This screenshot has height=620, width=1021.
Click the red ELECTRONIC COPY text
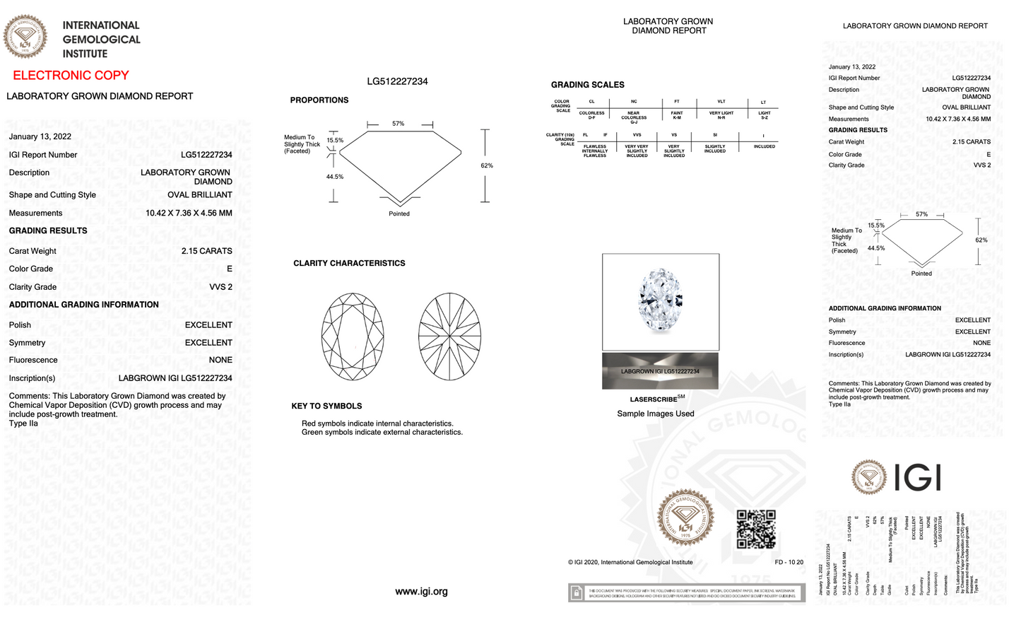[x=71, y=76]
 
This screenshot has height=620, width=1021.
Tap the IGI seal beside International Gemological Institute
[x=25, y=37]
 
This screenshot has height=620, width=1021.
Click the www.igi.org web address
[x=421, y=592]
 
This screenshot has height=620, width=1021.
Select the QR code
[x=756, y=529]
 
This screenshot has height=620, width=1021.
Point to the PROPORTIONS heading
[x=319, y=100]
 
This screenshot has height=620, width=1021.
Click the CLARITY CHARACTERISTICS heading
[x=349, y=263]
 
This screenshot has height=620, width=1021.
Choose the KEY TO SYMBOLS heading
[x=326, y=406]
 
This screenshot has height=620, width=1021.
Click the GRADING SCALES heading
[x=587, y=85]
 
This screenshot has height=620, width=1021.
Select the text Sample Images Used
[x=655, y=414]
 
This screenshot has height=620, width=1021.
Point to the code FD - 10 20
[x=789, y=563]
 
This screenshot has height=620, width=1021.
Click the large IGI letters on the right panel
[x=917, y=478]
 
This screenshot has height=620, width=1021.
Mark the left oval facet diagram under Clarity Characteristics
[x=353, y=337]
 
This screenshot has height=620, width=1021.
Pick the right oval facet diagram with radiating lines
[x=449, y=337]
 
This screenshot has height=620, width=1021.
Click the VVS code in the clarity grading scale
[x=637, y=134]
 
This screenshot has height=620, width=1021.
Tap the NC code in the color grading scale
[x=634, y=102]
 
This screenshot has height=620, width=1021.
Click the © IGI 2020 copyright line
[x=630, y=563]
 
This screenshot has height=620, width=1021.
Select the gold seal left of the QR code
[x=685, y=518]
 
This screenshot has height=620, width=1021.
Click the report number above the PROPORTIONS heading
[x=397, y=81]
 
